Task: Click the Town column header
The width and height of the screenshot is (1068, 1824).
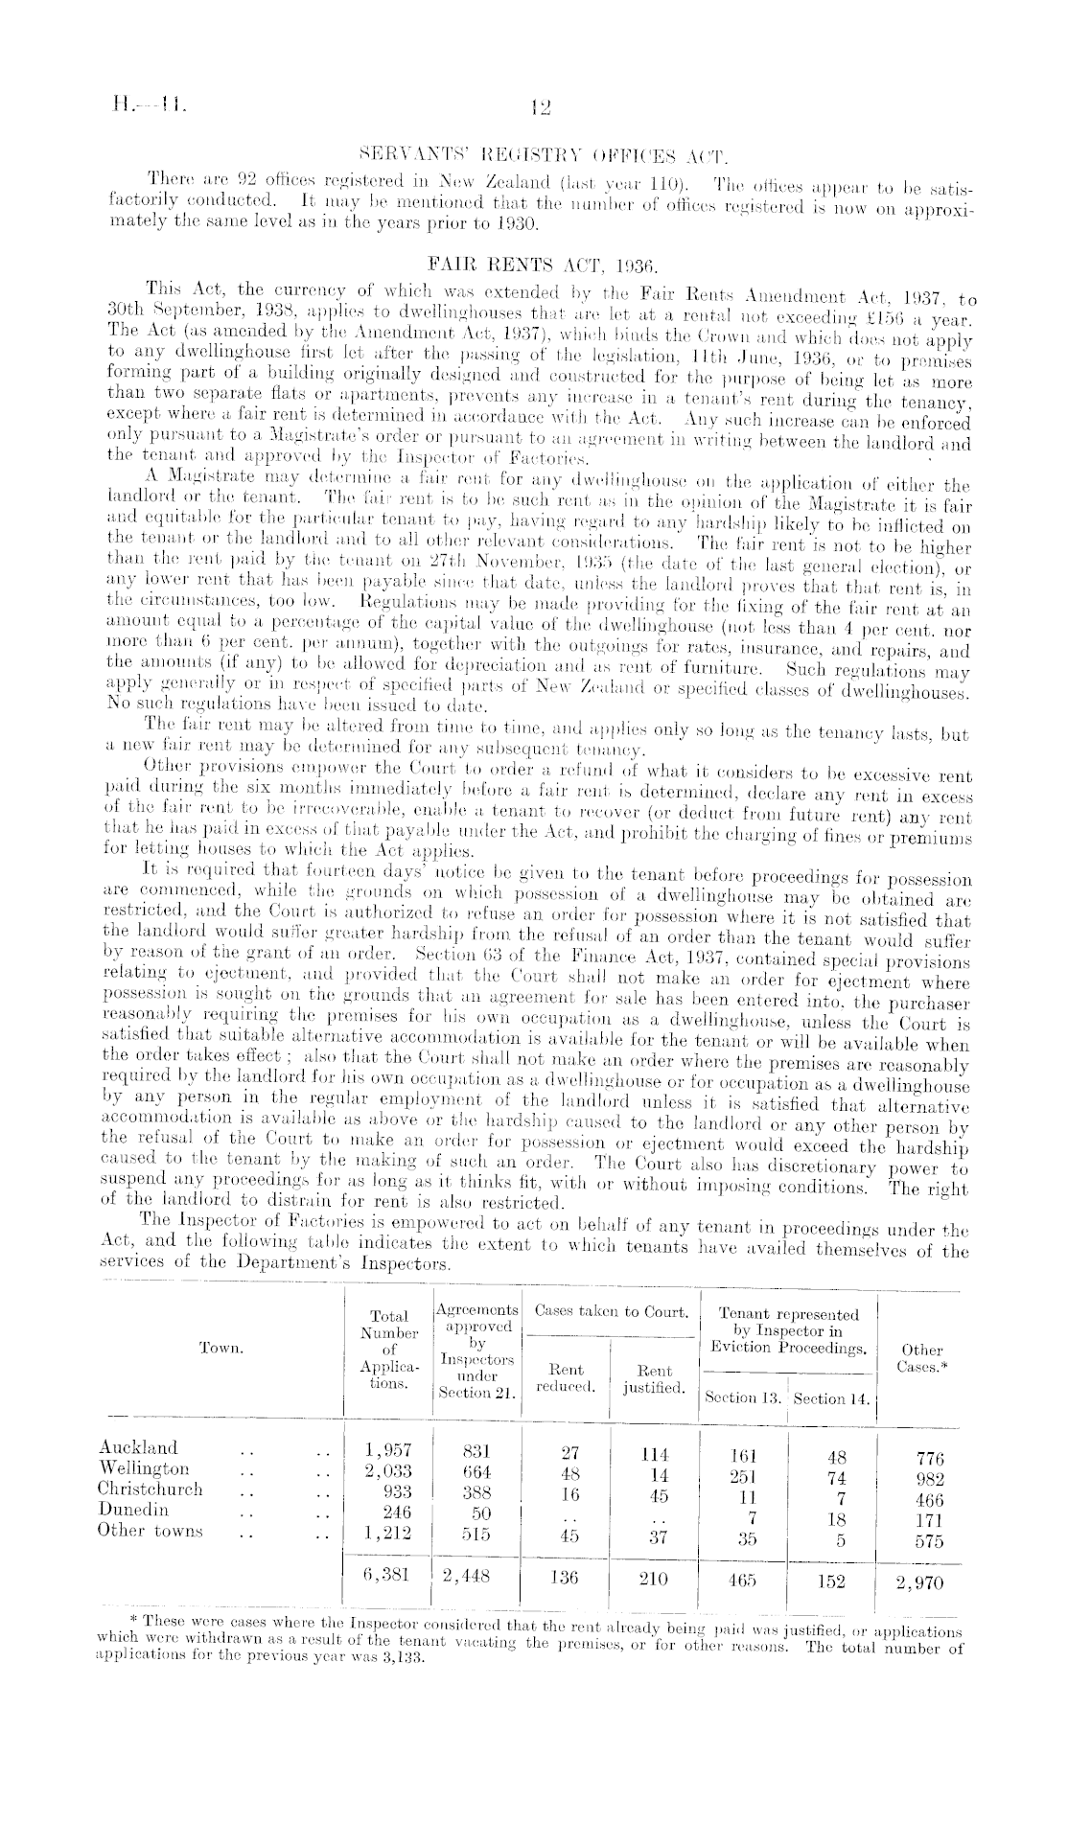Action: (221, 1348)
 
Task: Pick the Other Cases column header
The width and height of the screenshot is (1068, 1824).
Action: (922, 1357)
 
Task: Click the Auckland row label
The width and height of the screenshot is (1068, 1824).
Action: (138, 1447)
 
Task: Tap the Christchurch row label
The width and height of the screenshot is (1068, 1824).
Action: (151, 1489)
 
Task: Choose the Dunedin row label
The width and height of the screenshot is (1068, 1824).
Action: (133, 1510)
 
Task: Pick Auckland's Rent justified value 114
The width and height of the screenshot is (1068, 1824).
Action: (653, 1452)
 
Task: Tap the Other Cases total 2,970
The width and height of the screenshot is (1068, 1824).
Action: (921, 1582)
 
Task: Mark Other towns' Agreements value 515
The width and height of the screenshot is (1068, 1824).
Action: (476, 1534)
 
